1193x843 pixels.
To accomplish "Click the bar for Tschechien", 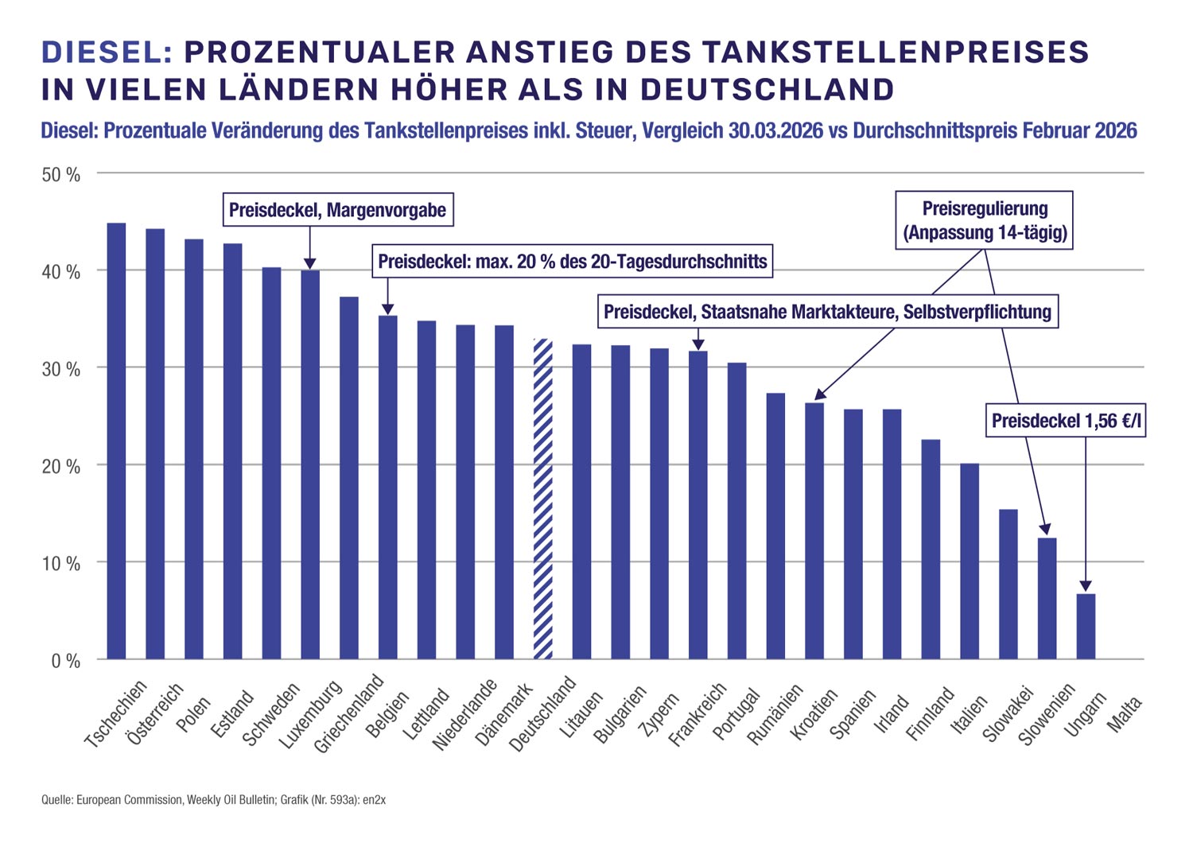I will pos(116,441).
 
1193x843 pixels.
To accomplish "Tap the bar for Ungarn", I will pos(1086,627).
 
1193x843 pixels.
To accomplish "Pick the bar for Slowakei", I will pos(1008,585).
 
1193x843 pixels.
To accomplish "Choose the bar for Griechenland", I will pos(349,478).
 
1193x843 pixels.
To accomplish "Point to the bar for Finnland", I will pos(931,550).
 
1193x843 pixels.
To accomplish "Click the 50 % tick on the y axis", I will pos(61,175).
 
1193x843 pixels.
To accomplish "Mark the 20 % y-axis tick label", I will pos(61,467).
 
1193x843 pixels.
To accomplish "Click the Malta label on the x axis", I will pos(1124,715).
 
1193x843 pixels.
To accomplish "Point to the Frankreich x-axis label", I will pos(698,715).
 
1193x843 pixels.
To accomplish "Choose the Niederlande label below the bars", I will pos(464,715).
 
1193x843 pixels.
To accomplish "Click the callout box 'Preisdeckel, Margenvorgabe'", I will pos(337,211).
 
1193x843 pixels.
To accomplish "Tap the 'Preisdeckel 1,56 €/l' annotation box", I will pos(1066,421).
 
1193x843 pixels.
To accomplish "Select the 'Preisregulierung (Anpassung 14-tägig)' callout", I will pos(985,220).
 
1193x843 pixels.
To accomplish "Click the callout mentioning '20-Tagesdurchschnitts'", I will pos(572,262).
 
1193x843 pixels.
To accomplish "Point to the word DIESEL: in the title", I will pos(107,52).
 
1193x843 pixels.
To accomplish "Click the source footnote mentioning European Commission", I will pos(213,800).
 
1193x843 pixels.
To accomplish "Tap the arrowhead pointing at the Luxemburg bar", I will pos(310,264).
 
